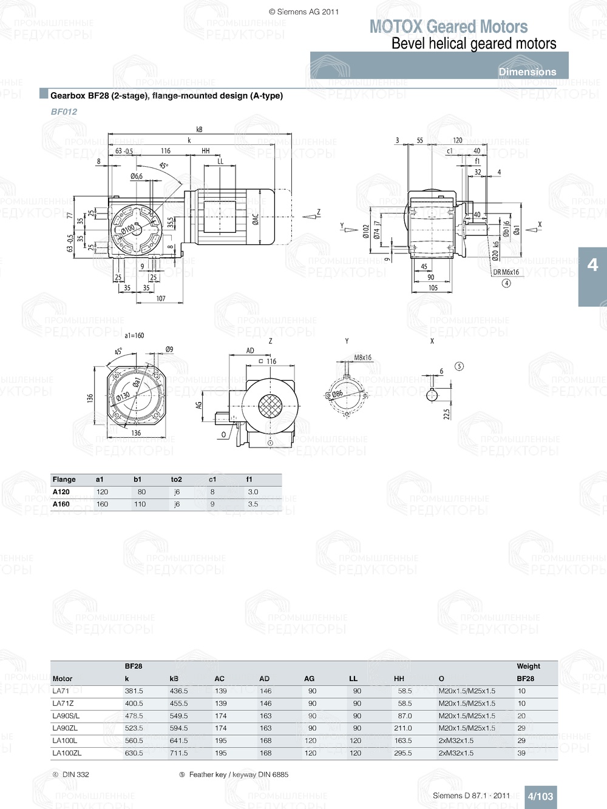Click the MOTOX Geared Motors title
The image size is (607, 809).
[x=448, y=27]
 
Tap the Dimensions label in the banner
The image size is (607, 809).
[x=527, y=72]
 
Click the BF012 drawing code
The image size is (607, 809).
[x=64, y=112]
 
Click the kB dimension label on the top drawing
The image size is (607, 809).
[x=199, y=129]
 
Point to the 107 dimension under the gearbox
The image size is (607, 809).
[x=161, y=298]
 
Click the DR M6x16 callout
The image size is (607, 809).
[x=506, y=272]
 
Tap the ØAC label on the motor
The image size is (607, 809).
[x=256, y=219]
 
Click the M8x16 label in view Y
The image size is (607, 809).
[x=363, y=358]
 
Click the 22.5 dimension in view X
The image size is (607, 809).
[x=446, y=414]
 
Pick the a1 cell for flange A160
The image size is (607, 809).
[x=102, y=504]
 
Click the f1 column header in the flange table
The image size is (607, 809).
[x=249, y=479]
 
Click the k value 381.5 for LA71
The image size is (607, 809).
[x=134, y=691]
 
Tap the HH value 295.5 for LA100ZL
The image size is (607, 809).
[x=402, y=753]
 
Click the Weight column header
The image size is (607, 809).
[x=528, y=666]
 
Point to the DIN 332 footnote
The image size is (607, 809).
[x=75, y=774]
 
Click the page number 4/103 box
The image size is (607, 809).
[x=540, y=796]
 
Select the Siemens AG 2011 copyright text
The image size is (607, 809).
[x=303, y=12]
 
